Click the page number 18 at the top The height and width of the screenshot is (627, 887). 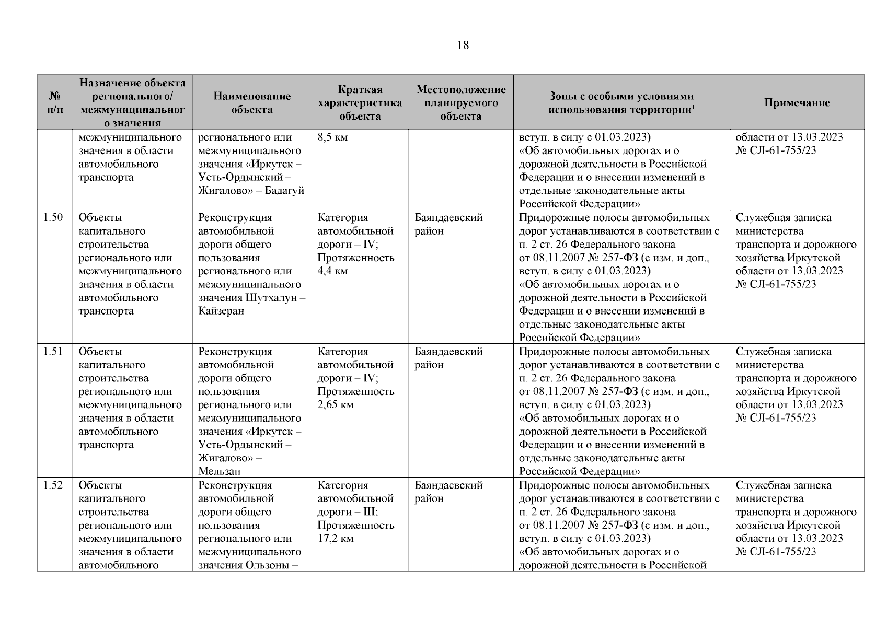click(x=463, y=45)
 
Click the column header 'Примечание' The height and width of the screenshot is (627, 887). click(x=797, y=103)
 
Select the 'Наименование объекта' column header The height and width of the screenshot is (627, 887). click(x=252, y=103)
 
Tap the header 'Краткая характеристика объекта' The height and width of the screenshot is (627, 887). click(x=360, y=103)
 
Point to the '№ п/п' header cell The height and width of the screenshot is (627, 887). click(x=54, y=103)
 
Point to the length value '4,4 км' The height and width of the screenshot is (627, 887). click(x=332, y=271)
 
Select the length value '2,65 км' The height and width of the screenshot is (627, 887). click(x=335, y=405)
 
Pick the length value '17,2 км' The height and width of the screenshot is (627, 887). click(x=335, y=539)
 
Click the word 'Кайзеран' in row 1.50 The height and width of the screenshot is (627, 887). click(x=221, y=311)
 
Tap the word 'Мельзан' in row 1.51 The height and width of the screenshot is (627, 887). click(x=220, y=471)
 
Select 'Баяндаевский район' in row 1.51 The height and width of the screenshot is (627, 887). click(x=448, y=358)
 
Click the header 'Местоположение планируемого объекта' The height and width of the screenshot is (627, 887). click(x=460, y=103)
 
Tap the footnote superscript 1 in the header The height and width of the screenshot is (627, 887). click(x=693, y=106)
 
